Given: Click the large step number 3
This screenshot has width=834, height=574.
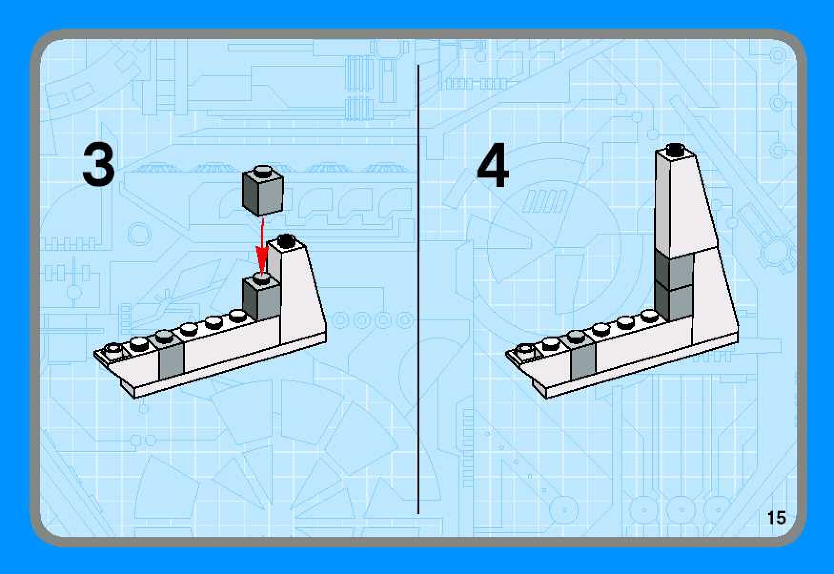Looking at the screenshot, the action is pos(99,164).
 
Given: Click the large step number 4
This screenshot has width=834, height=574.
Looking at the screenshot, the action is pos(493,165).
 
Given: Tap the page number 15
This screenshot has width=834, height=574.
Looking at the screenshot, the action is pos(776,518).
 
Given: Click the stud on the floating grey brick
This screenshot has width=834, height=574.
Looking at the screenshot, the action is pos(263,170).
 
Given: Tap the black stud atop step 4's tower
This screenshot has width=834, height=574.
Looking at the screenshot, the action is pos(674,149).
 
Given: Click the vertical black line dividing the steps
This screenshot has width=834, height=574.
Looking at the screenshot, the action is pos(418,289).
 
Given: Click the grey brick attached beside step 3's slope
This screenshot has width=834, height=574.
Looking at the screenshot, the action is pos(261,298).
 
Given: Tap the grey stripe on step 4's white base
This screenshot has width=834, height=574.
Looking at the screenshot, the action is pos(583,360).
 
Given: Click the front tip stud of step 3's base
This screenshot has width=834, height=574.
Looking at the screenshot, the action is pos(113,348).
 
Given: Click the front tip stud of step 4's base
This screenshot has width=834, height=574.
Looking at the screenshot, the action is pos(525,348).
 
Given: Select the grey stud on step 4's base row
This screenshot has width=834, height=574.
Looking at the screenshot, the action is pos(576,336).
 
